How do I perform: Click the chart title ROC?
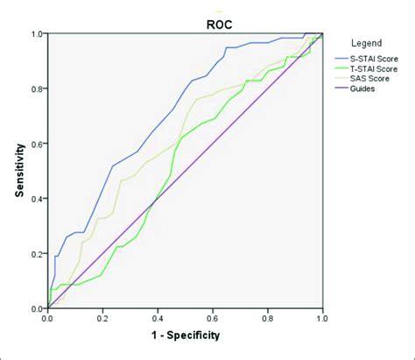tap(185, 16)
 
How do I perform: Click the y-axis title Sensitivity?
tap(18, 171)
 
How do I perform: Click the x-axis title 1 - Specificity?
tap(185, 335)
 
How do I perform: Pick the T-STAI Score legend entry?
tap(376, 68)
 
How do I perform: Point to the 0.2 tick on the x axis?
tap(102, 318)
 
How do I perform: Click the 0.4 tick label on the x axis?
tap(158, 318)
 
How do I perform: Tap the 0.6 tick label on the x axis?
tap(213, 318)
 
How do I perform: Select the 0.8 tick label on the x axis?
tap(268, 318)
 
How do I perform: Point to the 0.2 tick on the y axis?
tap(37, 254)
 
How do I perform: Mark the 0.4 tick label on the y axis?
tap(37, 199)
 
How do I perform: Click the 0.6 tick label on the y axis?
tap(37, 144)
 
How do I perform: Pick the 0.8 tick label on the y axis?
tap(37, 88)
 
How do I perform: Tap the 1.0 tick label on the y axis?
tap(37, 34)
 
